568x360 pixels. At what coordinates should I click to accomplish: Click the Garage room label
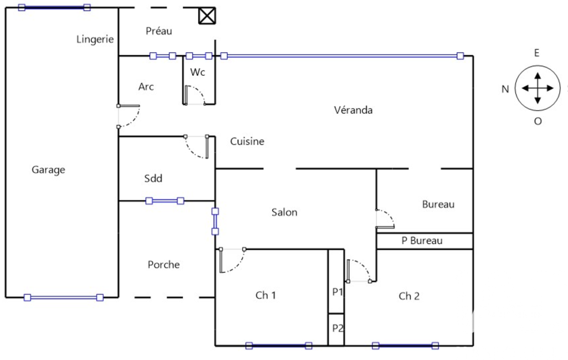(x=48, y=170)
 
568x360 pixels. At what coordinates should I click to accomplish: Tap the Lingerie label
(x=95, y=39)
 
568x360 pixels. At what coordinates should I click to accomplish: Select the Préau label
(x=158, y=31)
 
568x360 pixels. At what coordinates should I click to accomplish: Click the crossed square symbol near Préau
(x=207, y=16)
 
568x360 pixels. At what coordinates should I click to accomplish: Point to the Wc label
(x=198, y=72)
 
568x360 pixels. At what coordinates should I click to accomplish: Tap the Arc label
(x=146, y=87)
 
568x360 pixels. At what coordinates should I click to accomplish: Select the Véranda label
(x=353, y=110)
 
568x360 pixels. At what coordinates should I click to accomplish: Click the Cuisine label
(x=247, y=141)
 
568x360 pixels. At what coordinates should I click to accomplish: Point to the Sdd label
(x=153, y=178)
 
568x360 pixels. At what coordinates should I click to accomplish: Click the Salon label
(x=284, y=212)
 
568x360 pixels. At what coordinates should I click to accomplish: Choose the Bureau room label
(x=438, y=204)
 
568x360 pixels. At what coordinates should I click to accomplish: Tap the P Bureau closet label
(x=422, y=241)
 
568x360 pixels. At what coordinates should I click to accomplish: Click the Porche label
(x=163, y=265)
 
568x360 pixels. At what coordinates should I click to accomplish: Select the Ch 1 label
(x=265, y=295)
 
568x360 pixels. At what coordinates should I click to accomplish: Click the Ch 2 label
(x=409, y=296)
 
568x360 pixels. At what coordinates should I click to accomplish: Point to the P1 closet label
(x=337, y=292)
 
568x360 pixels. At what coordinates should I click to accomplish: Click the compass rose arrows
(x=537, y=88)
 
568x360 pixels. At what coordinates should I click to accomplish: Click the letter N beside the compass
(x=505, y=89)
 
